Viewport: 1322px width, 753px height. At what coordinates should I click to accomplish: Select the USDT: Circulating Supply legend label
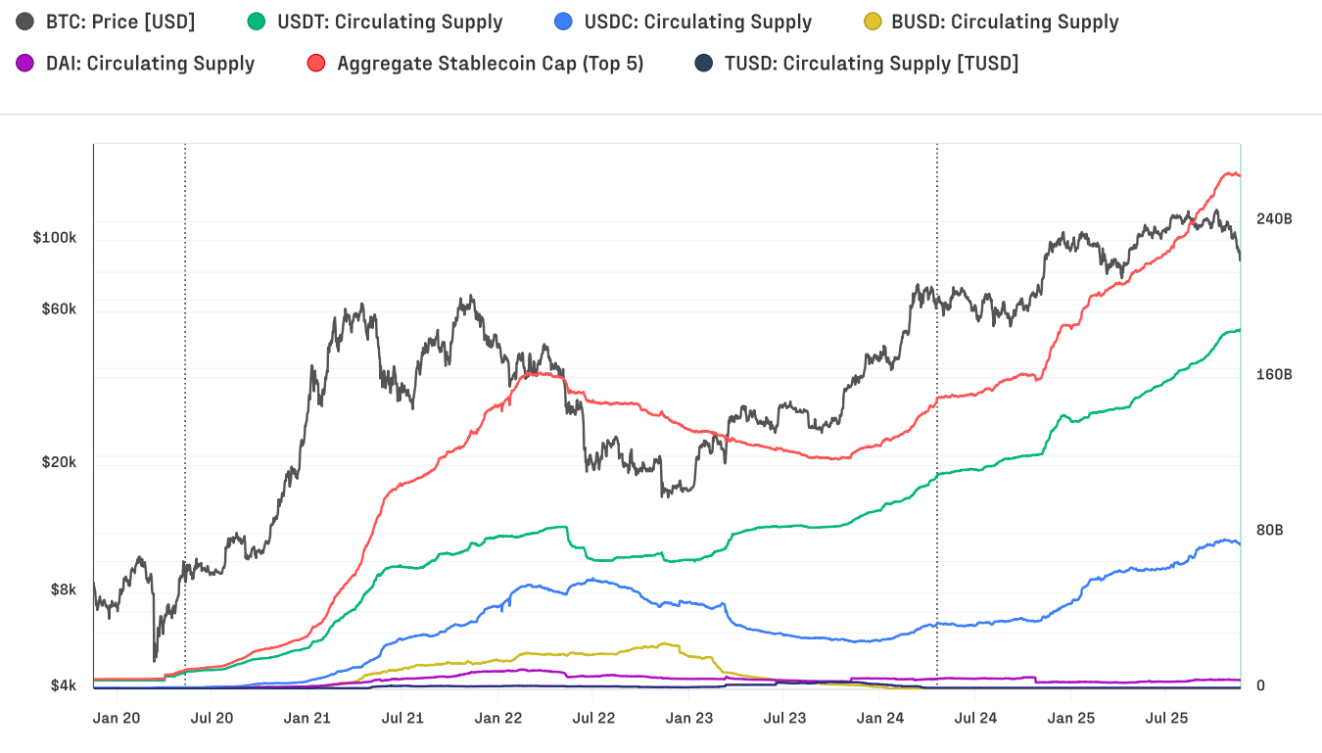click(390, 22)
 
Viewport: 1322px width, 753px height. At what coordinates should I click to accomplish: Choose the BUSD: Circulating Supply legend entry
click(1005, 22)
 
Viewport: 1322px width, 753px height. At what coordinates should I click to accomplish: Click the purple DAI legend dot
click(25, 64)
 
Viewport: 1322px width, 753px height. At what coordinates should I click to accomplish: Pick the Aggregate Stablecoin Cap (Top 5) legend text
click(490, 64)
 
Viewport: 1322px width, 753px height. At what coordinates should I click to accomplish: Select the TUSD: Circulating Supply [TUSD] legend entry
click(871, 64)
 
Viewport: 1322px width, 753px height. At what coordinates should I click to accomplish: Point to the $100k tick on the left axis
click(54, 238)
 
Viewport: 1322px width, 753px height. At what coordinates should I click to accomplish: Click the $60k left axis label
click(58, 308)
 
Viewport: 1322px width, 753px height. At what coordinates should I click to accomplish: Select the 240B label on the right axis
click(1274, 218)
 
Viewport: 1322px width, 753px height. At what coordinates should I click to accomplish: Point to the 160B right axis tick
click(1274, 374)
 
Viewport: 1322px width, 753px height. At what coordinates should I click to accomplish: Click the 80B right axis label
click(1270, 530)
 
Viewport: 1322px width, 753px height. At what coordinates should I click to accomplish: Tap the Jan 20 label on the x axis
click(117, 718)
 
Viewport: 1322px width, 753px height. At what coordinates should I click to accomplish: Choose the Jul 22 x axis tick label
click(593, 718)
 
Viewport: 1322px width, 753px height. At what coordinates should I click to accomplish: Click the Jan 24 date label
click(879, 718)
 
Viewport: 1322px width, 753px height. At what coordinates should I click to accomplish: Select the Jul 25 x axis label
click(1166, 718)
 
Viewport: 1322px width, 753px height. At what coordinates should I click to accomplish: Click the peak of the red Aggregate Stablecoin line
click(1229, 172)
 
